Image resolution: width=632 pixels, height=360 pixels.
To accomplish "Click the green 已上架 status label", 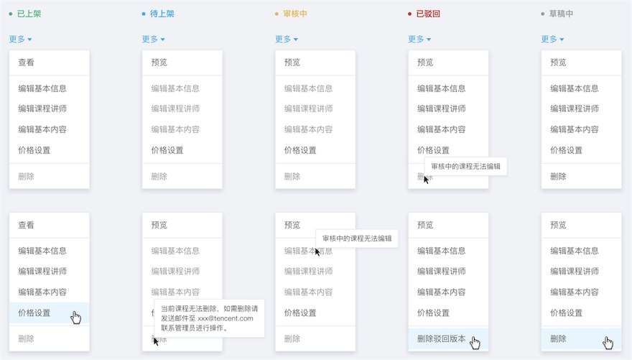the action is tap(29, 14).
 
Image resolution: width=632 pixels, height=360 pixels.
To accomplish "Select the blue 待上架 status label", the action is tap(162, 14).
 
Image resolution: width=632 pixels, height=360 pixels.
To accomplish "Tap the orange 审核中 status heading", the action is tap(295, 14).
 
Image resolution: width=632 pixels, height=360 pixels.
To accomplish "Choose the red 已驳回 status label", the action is tap(428, 14).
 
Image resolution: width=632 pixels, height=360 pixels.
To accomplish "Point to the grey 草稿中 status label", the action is tap(561, 14).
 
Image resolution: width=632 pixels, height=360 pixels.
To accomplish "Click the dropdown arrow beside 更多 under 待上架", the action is tap(163, 40).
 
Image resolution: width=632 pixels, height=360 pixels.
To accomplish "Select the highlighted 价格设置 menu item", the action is tap(34, 313).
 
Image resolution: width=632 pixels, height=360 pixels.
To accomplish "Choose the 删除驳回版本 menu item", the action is tap(442, 338).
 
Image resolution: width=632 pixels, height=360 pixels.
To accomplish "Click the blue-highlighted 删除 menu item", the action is tap(558, 338).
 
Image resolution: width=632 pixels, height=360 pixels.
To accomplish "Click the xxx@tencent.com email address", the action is tap(226, 318).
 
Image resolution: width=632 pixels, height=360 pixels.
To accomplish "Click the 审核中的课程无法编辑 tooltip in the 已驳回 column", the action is tap(465, 167).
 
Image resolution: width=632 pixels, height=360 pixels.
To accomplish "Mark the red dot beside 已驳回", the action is tap(409, 14).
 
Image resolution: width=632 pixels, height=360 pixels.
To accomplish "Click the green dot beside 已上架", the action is tap(11, 14).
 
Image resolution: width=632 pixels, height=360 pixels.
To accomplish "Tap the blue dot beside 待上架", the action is tap(144, 14).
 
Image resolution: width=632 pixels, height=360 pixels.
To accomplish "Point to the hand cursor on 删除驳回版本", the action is tap(475, 343).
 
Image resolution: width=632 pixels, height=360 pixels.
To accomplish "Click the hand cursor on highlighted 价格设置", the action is tap(76, 318).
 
